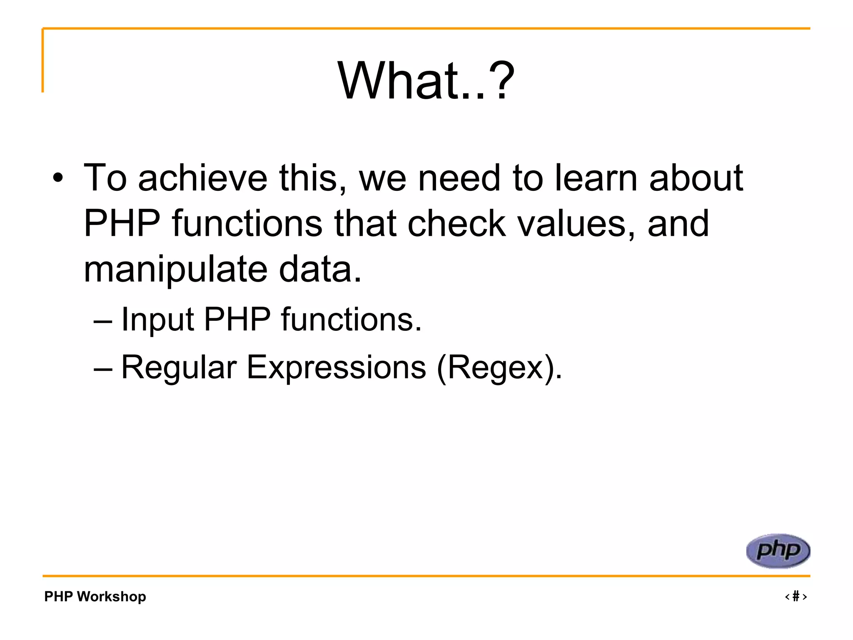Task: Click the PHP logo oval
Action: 778,551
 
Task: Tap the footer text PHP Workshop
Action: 95,596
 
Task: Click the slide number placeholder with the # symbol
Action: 796,596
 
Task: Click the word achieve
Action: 202,178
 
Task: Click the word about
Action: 696,178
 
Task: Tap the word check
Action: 456,224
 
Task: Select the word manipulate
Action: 175,270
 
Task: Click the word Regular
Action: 179,367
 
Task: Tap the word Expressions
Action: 337,367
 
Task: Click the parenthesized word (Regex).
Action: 499,367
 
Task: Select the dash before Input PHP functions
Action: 103,321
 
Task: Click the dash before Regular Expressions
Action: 103,369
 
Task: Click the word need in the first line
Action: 459,178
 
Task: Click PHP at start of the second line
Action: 122,224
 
